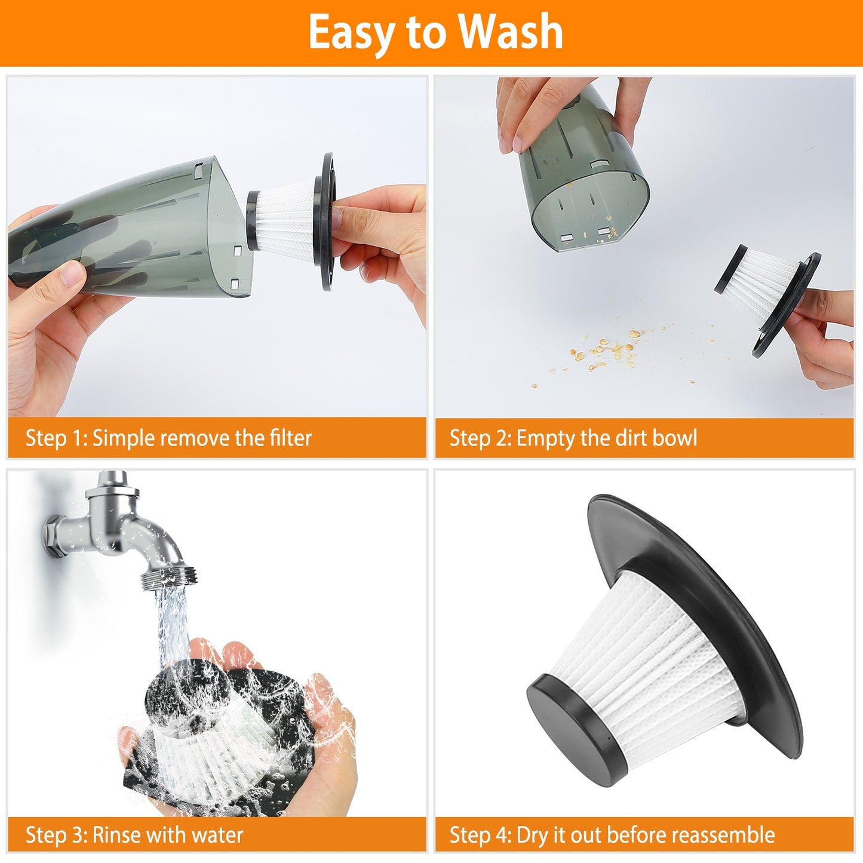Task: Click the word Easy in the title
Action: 351,33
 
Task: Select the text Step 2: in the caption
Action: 480,438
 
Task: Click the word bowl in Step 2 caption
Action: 674,438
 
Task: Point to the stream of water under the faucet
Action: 173,627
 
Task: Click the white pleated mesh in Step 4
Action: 651,663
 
